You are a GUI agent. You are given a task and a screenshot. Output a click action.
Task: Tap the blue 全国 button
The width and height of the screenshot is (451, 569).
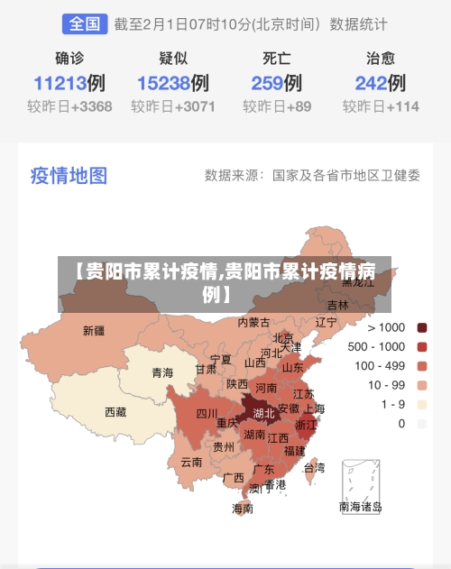84,24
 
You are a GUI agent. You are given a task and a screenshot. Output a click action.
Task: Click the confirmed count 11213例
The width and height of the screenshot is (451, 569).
69,84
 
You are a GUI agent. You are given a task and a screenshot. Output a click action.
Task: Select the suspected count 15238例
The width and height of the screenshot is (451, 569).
173,84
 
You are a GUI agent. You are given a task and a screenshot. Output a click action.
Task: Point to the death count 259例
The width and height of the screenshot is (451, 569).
276,84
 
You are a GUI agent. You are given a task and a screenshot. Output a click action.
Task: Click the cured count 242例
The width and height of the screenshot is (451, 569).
380,84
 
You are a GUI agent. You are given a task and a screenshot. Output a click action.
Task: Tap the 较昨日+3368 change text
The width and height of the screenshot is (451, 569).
69,106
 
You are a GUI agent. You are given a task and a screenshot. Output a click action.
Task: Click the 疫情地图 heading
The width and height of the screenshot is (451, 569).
69,174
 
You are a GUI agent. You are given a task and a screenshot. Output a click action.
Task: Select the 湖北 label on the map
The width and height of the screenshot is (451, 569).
264,414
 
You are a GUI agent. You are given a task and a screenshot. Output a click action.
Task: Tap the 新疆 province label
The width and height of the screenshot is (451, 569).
93,331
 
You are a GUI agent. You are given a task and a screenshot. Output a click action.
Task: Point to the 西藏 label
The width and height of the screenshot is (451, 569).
115,412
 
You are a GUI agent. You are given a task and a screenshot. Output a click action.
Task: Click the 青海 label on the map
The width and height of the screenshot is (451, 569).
162,372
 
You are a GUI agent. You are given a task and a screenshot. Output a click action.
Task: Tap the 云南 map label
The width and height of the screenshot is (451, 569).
191,462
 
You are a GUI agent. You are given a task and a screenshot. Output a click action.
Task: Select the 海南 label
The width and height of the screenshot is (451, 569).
243,509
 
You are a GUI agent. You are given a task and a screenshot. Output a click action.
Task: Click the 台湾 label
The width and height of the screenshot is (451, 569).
314,468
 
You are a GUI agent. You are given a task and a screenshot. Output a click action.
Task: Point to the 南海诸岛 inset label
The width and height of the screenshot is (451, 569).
360,507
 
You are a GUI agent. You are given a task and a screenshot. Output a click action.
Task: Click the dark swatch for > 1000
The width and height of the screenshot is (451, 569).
421,327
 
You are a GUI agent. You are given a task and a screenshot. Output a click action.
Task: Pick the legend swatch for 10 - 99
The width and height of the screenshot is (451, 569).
421,385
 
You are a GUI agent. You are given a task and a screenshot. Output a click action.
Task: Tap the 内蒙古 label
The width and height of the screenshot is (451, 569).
253,322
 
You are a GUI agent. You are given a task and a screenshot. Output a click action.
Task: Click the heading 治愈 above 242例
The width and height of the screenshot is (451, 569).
380,59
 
